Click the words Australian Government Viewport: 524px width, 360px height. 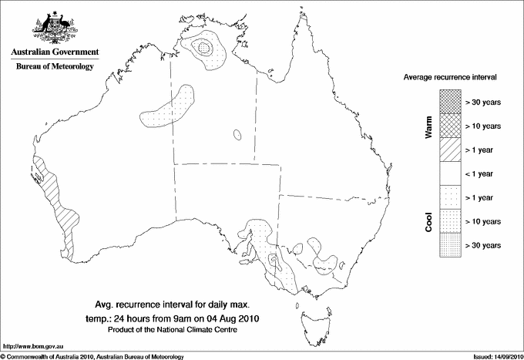point(55,52)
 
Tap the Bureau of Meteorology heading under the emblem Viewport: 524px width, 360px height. point(55,67)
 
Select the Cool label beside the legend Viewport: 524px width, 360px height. point(429,221)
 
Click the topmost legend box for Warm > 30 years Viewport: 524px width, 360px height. point(449,102)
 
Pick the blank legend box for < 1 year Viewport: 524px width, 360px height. point(449,173)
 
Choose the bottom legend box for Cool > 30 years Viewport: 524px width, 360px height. point(449,245)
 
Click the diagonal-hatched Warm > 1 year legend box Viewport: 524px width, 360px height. point(449,150)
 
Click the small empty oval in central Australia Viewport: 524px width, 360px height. point(238,135)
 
